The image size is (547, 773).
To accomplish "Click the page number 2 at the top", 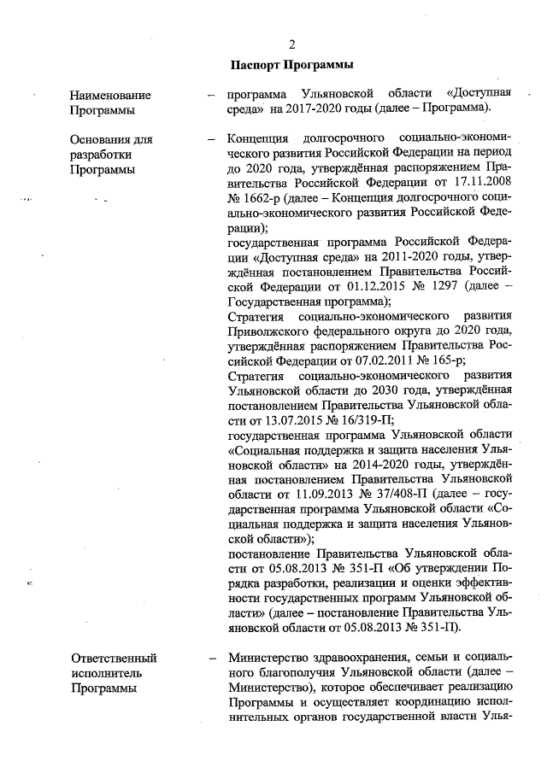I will pos(291,44).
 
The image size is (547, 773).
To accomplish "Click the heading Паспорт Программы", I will pos(291,65).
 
